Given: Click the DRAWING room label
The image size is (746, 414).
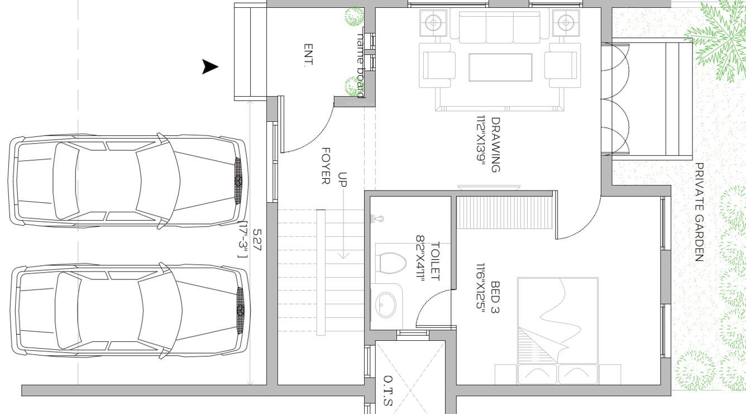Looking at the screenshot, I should click(x=495, y=144).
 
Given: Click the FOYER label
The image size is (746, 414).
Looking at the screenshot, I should click(x=326, y=166).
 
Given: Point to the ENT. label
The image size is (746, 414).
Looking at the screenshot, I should click(x=308, y=55).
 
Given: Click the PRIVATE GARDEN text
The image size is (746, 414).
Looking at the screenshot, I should click(x=699, y=212).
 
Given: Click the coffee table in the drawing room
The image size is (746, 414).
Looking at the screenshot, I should click(x=500, y=67).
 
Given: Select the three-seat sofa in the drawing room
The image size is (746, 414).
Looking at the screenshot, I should click(x=500, y=27).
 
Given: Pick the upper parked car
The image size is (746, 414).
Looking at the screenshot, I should click(x=127, y=181).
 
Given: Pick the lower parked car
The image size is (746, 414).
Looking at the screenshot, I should click(x=130, y=310).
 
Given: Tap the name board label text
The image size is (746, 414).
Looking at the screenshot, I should click(x=361, y=64).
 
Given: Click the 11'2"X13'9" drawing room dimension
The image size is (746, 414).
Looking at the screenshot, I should click(x=480, y=144).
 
